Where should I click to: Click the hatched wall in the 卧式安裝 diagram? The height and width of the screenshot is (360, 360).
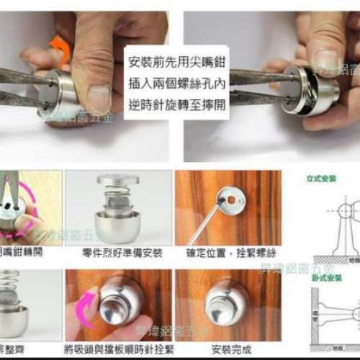(x=315, y=317)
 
